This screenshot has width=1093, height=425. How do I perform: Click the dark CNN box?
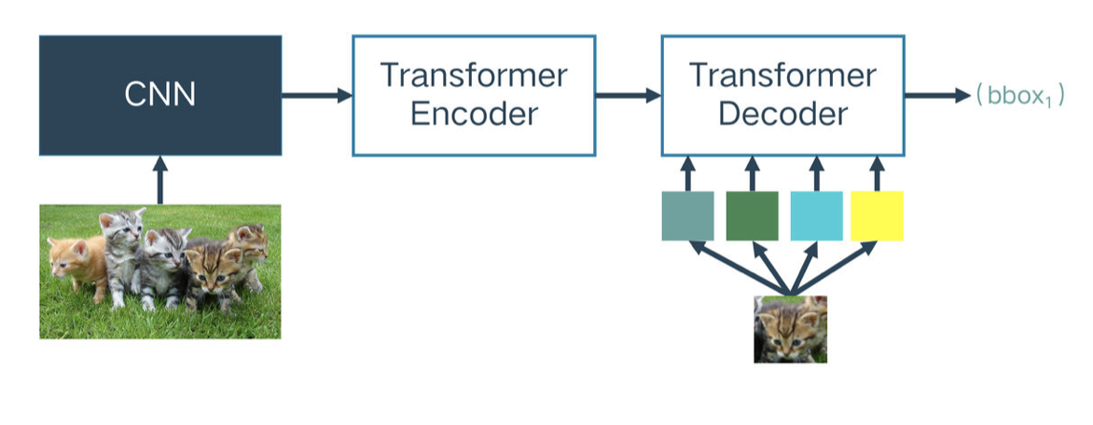click(160, 95)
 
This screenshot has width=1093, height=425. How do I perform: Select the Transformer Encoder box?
click(474, 95)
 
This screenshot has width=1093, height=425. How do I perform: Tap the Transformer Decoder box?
click(782, 95)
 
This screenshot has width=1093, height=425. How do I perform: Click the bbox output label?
click(1020, 95)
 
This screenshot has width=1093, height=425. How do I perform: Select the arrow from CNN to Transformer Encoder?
click(317, 95)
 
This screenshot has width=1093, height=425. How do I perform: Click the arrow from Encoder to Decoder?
click(629, 95)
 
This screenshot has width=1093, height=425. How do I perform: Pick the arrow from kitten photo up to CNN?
click(160, 180)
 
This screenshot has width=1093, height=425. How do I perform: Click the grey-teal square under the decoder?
click(687, 216)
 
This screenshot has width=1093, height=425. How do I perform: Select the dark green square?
click(752, 216)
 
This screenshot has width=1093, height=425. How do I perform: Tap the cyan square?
click(816, 216)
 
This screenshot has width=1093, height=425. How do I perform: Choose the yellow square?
click(877, 216)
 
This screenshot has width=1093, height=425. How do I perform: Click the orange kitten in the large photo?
click(76, 265)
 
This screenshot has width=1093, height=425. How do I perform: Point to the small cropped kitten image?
click(791, 329)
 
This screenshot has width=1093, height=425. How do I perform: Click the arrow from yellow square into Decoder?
click(877, 173)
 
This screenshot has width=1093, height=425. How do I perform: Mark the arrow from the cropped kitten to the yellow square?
click(834, 267)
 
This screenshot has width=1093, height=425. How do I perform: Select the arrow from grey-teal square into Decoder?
click(687, 173)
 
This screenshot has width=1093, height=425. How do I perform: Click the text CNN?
click(160, 95)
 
